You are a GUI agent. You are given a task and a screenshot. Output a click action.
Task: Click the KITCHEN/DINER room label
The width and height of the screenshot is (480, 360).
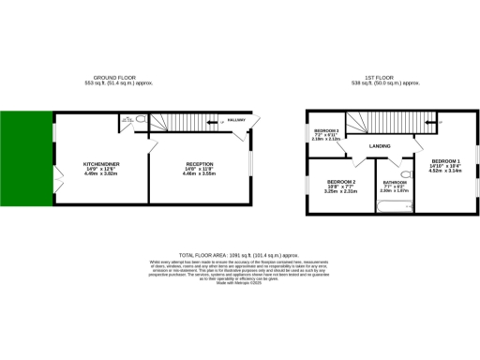pyautogui.click(x=99, y=163)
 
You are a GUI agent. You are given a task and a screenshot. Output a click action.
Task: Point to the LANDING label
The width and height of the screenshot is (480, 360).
pyautogui.click(x=380, y=146)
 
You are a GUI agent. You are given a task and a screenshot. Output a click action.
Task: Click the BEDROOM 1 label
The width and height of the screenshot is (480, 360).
pyautogui.click(x=444, y=161)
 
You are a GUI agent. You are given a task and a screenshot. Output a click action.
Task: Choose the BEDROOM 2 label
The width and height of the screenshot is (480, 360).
pyautogui.click(x=341, y=181)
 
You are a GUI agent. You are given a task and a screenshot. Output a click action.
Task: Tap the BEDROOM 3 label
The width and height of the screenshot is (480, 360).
pyautogui.click(x=325, y=129)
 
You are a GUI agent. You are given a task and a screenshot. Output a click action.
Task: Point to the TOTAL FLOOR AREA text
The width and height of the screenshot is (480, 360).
pyautogui.click(x=238, y=253)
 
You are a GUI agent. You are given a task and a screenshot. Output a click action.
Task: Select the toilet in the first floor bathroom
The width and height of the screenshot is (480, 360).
pyautogui.click(x=405, y=173)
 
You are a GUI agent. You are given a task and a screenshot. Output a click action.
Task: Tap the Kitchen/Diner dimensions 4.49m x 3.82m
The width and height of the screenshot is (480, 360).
pyautogui.click(x=99, y=173)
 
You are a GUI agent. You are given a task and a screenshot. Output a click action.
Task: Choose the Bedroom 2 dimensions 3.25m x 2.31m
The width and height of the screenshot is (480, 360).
pyautogui.click(x=341, y=191)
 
